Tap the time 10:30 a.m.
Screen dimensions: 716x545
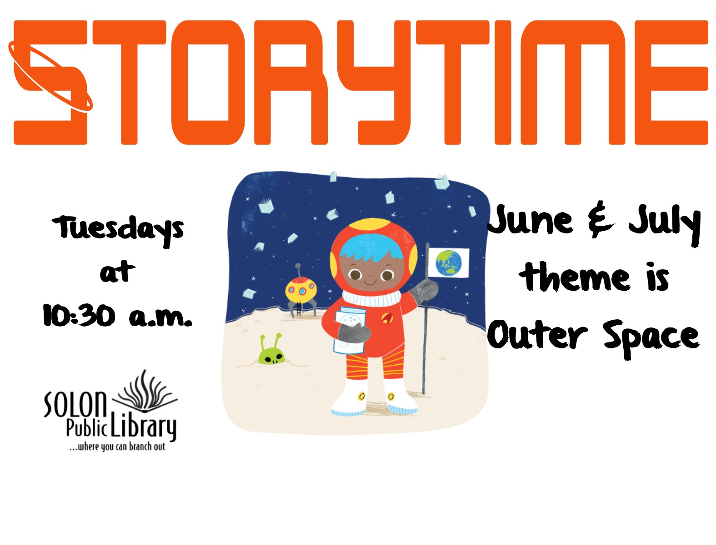click(x=117, y=315)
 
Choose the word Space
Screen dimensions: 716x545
click(x=651, y=339)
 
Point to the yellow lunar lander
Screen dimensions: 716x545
click(x=300, y=292)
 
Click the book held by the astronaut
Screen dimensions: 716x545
click(x=350, y=330)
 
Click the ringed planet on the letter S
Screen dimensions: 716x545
click(x=50, y=77)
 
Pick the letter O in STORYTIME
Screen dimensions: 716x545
click(x=208, y=82)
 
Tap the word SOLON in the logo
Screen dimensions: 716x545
click(x=75, y=404)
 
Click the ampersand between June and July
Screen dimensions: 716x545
click(x=602, y=219)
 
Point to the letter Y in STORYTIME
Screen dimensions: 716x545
click(x=374, y=82)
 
